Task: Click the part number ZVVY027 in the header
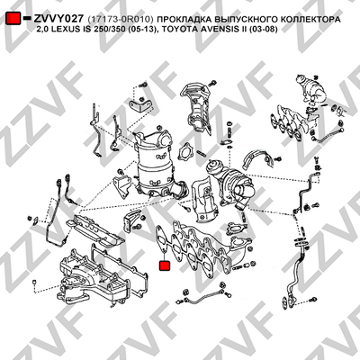pyautogui.click(x=58, y=19)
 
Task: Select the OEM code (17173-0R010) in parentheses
pyautogui.click(x=121, y=20)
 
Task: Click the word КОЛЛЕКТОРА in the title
pyautogui.click(x=309, y=20)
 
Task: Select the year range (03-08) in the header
pyautogui.click(x=263, y=29)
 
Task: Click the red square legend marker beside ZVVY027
pyautogui.click(x=13, y=19)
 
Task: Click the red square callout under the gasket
pyautogui.click(x=165, y=266)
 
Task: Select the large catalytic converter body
pyautogui.click(x=157, y=168)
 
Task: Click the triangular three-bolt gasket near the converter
pyautogui.click(x=184, y=151)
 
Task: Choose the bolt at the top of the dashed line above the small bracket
pyautogui.click(x=143, y=85)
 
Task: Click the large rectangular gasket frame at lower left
pyautogui.click(x=120, y=270)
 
